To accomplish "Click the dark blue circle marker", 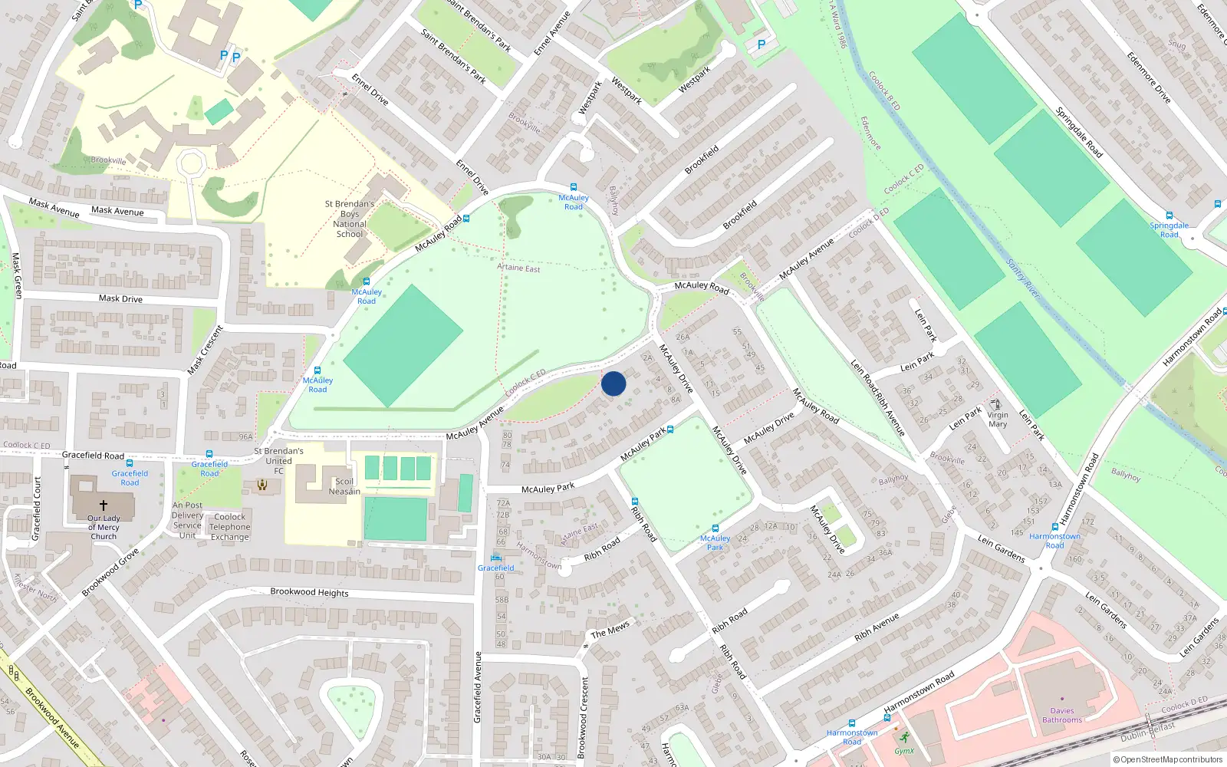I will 613,383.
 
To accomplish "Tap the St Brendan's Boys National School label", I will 350,219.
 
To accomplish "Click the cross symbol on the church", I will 104,505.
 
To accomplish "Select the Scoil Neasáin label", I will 344,487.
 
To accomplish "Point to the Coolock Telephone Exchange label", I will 230,527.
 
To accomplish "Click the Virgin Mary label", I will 998,419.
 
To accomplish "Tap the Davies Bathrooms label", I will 1062,715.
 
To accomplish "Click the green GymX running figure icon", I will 903,738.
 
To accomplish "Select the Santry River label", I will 1023,278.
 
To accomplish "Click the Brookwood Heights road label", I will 309,592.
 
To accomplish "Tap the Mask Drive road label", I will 120,298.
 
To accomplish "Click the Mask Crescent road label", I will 206,351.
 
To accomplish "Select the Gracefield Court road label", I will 37,509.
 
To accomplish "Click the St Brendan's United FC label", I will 278,461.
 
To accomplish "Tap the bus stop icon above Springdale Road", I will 1169,216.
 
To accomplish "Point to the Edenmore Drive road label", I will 1149,77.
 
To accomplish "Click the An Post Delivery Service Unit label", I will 187,520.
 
